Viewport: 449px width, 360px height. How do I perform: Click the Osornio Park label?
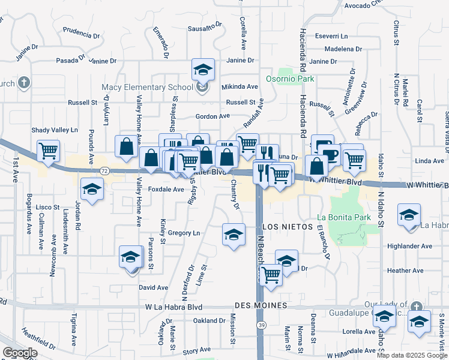coord(291,79)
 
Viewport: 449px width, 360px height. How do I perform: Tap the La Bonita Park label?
coord(340,219)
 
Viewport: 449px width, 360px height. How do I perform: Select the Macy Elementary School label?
coord(147,88)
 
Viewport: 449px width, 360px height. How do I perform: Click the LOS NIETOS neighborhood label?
coord(285,227)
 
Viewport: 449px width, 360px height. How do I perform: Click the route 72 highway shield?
coord(104,171)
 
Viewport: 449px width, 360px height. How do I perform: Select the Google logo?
coord(20,352)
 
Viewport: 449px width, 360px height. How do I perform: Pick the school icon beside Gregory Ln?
coord(234,233)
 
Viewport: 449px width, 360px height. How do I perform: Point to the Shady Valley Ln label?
coord(55,130)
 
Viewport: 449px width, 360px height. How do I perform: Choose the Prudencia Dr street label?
coord(80,32)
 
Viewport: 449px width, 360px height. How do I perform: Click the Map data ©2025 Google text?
coord(411,355)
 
